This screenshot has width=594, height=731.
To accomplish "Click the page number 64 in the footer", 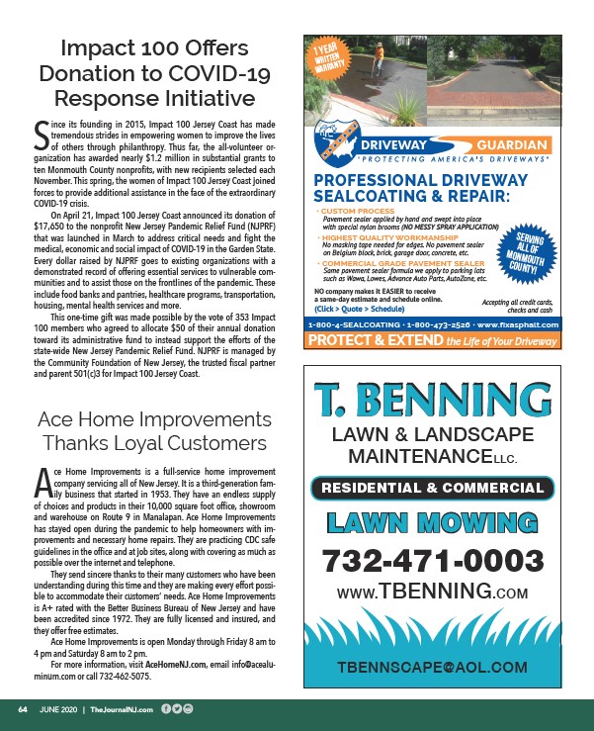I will (22, 709).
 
